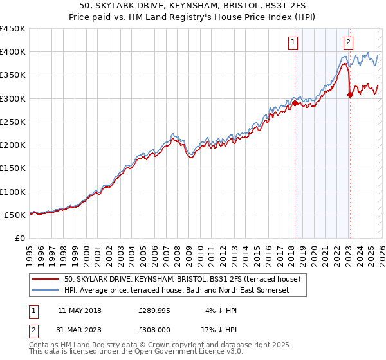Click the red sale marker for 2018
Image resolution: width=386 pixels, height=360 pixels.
point(295,103)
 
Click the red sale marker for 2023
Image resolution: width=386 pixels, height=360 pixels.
point(350,94)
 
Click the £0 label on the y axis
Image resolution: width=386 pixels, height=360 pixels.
point(21,239)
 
